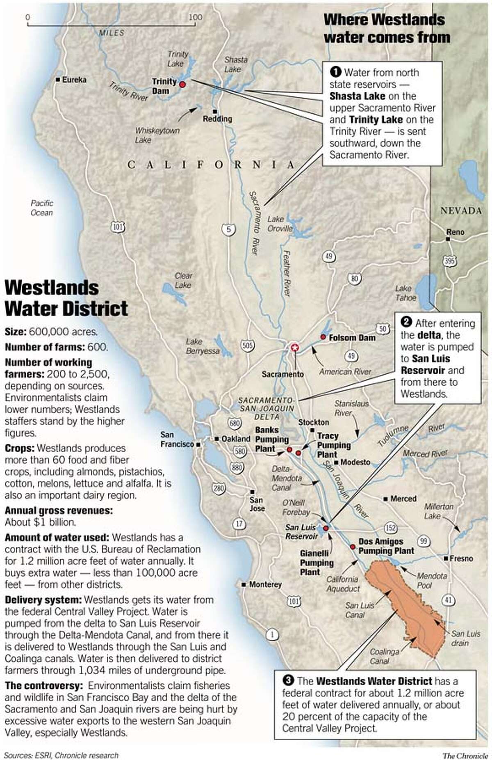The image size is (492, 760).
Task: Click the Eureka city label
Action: (x=74, y=80)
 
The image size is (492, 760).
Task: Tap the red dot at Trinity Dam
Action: (x=183, y=84)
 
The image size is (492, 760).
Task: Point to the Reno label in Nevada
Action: (x=455, y=232)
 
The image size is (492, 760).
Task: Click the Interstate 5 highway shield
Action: (x=228, y=229)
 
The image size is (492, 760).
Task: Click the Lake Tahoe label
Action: (x=405, y=293)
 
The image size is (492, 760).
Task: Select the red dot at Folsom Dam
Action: (x=323, y=337)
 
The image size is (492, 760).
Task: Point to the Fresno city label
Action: (x=461, y=559)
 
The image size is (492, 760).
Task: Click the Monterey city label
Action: (x=265, y=584)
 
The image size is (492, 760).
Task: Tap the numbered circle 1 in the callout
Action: (x=335, y=73)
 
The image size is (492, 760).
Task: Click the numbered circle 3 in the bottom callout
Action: (x=289, y=681)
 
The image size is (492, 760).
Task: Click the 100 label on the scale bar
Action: (x=196, y=17)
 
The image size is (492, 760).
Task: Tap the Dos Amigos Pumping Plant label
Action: (x=386, y=546)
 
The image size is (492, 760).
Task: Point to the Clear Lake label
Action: (x=183, y=280)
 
